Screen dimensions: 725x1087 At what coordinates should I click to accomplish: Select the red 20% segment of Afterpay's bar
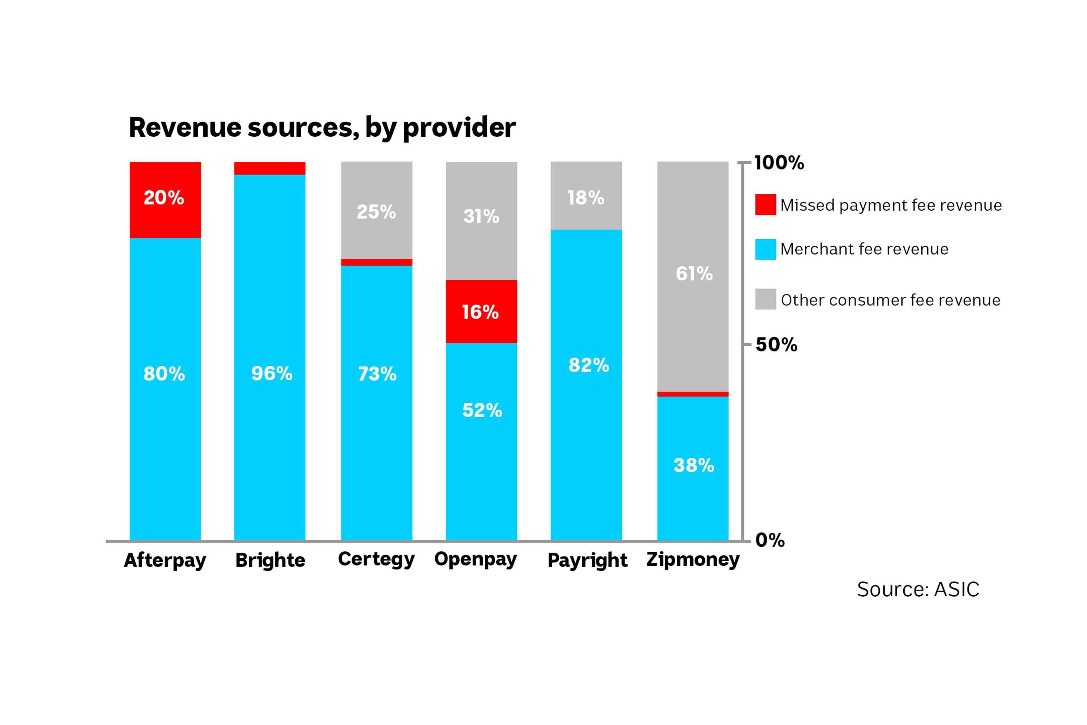(x=165, y=200)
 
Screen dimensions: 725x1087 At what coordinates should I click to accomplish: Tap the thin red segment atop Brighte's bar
(x=270, y=168)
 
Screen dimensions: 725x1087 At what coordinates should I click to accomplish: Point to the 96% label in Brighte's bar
(x=272, y=374)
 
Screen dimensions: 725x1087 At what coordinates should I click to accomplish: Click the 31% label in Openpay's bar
(x=481, y=216)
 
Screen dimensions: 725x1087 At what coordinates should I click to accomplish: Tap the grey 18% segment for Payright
(x=586, y=196)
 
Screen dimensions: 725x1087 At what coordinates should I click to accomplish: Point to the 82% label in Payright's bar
(x=588, y=365)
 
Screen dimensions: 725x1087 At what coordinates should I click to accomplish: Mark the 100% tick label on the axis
(x=779, y=163)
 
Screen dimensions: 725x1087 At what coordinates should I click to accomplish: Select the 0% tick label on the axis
(x=770, y=540)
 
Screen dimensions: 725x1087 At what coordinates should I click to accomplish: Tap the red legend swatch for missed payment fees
(x=765, y=205)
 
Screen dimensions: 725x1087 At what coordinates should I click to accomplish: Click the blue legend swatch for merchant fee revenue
(x=765, y=249)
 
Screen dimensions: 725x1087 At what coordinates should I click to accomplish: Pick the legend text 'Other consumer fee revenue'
(x=890, y=300)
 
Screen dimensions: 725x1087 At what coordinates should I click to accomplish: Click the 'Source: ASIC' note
(x=918, y=589)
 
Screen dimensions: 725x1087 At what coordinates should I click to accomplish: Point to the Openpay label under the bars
(x=475, y=559)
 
